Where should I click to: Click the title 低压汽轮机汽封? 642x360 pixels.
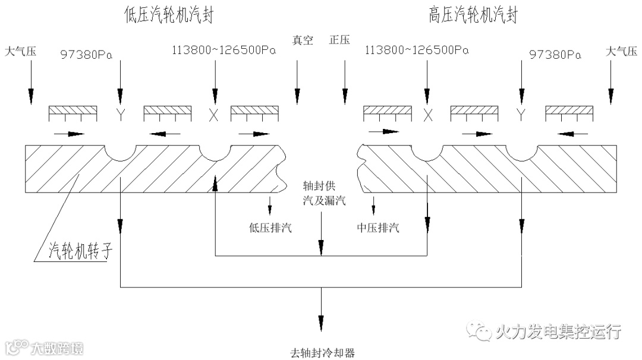[x=169, y=15]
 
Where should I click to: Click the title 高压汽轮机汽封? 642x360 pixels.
[x=473, y=15]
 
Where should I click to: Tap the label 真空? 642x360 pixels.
[x=302, y=40]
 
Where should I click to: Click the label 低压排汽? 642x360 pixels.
[x=270, y=228]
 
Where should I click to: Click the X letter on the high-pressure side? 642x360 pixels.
[x=427, y=115]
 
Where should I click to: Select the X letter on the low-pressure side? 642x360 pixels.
[x=213, y=115]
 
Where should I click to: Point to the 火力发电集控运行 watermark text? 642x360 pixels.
[x=558, y=331]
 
